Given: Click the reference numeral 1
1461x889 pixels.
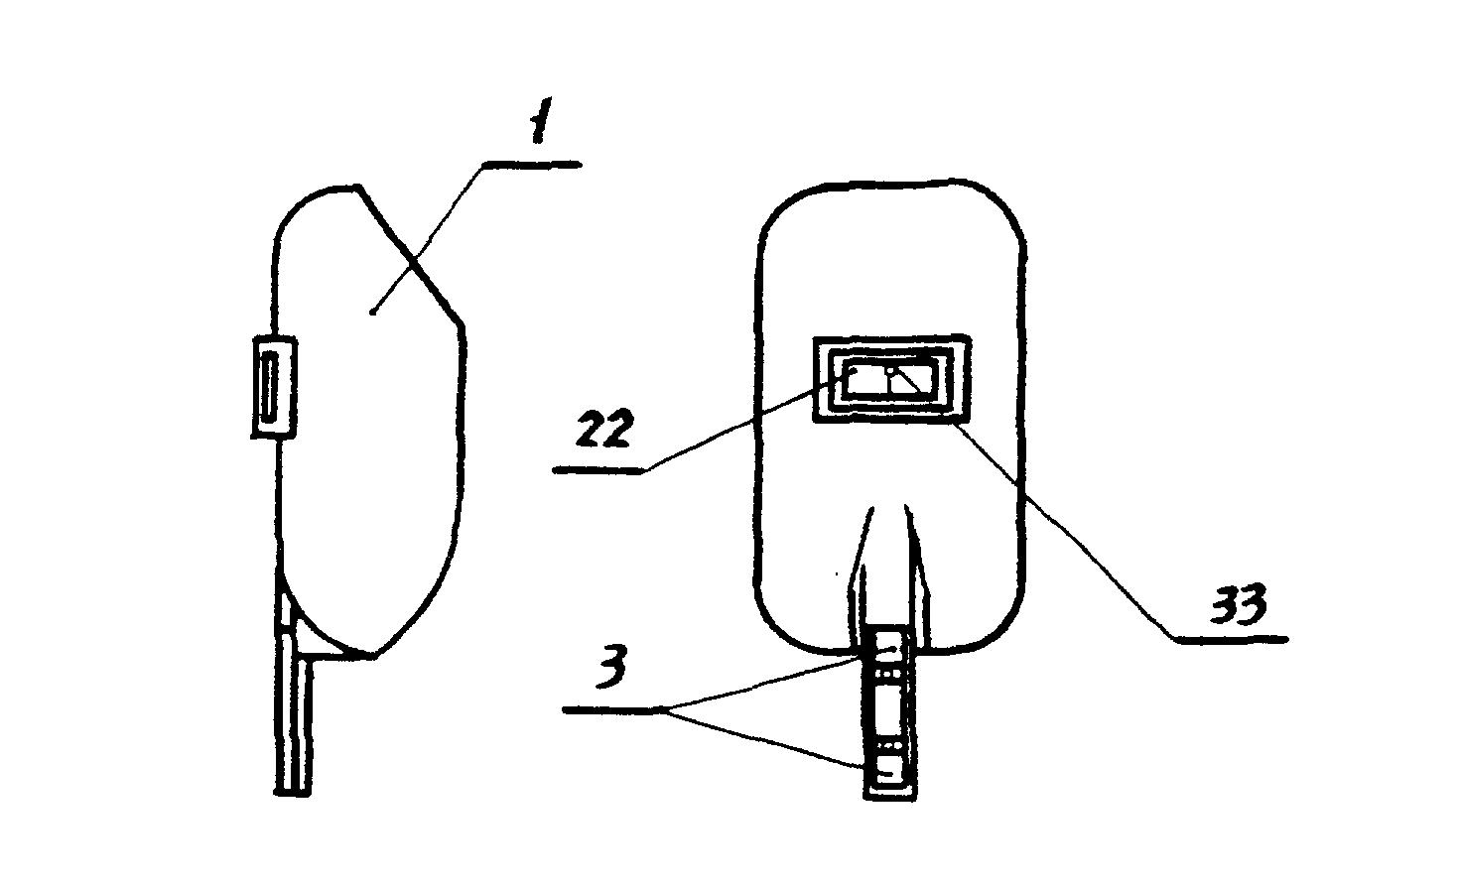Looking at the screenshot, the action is [541, 121].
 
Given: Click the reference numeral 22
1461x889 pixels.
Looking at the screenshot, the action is [603, 431].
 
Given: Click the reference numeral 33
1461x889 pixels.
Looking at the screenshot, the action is [1239, 604].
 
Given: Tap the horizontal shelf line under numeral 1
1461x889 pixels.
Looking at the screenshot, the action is [530, 165].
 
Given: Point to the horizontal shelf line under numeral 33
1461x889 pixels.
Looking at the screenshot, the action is [1232, 640].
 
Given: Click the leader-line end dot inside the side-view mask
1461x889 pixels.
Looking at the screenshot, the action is [372, 314].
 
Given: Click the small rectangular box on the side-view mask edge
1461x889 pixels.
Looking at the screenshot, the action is [275, 387].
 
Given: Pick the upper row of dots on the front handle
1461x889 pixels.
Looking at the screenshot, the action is [886, 673].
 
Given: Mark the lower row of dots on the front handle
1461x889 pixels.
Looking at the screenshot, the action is [886, 744].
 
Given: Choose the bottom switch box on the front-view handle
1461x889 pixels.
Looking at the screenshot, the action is [886, 771].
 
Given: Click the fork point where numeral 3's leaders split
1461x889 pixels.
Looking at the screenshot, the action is [664, 709].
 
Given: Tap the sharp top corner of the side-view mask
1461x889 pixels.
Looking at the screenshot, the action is [358, 187].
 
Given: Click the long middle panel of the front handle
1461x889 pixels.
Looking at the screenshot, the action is [887, 708].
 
